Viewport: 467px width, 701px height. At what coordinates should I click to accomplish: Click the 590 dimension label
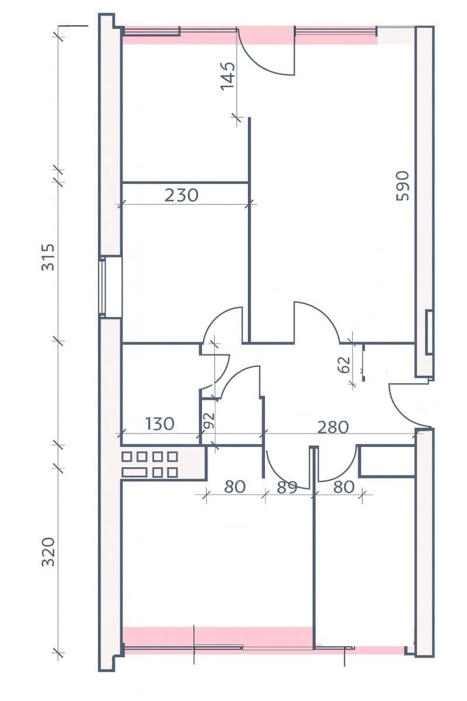(x=402, y=186)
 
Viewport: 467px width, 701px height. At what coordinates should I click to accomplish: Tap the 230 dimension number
(x=182, y=195)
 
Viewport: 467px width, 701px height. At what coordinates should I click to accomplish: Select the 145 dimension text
(x=228, y=76)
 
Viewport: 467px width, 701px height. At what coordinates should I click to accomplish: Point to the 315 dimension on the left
(x=48, y=257)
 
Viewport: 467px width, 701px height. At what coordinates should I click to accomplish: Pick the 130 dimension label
(x=159, y=424)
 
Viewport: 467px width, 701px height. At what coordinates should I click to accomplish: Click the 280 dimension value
(x=333, y=427)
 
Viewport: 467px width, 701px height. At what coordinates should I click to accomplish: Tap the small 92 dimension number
(x=208, y=421)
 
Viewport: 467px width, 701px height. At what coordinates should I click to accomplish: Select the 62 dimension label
(x=344, y=365)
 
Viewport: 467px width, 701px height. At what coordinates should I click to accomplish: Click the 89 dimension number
(x=287, y=487)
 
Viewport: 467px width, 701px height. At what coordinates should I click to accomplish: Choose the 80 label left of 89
(x=235, y=487)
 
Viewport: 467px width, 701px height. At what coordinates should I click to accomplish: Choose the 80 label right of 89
(x=344, y=487)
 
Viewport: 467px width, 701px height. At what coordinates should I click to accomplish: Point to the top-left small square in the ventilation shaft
(x=126, y=457)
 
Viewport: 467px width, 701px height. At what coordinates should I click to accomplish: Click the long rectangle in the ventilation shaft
(x=134, y=472)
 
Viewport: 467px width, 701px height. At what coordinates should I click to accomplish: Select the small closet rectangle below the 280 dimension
(x=386, y=461)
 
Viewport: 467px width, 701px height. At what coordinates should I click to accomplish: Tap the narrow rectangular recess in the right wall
(x=429, y=332)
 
